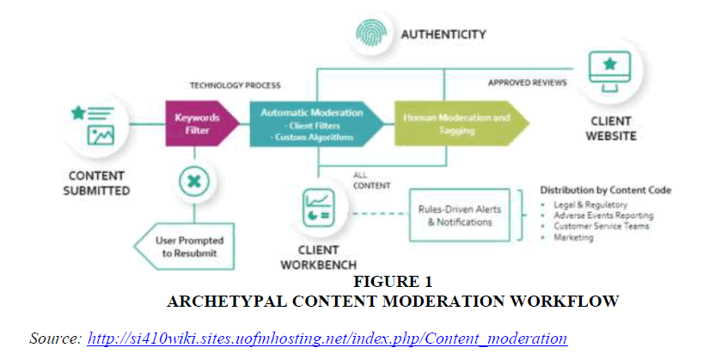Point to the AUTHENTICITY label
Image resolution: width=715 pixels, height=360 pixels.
click(x=443, y=35)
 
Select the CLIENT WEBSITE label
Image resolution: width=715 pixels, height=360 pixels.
click(x=612, y=129)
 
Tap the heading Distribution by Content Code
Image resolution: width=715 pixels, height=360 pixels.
click(x=605, y=190)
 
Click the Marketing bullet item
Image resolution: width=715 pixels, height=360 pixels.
click(x=574, y=237)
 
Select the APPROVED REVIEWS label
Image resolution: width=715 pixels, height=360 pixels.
click(x=528, y=83)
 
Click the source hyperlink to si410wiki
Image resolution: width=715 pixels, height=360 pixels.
click(x=327, y=338)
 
